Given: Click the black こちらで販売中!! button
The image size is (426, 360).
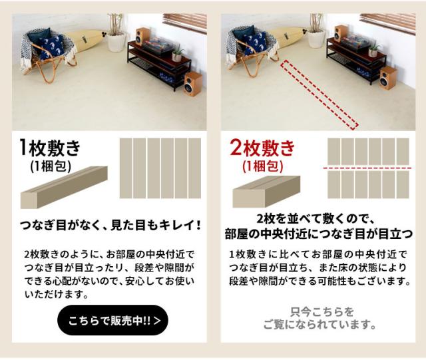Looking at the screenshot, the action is pos(112,320).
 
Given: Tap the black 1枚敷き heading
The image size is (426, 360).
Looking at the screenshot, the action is pos(50,148).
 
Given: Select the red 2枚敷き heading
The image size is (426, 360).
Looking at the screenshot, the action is pos(262,148).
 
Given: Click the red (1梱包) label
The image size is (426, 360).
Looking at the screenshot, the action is pos(263,166).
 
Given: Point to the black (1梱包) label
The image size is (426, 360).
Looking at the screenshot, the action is pos(51,166).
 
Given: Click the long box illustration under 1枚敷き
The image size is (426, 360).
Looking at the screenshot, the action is pos(64,187).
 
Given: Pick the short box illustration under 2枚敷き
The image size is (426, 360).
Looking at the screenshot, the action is pos(266,192).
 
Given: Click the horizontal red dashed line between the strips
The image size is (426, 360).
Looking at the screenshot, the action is pos(367,168).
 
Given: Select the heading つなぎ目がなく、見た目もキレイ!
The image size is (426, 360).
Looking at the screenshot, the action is pos(111,225).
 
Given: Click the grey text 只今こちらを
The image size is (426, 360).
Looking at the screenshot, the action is pos(322,311).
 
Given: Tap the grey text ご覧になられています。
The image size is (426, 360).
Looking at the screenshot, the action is pos(319,325).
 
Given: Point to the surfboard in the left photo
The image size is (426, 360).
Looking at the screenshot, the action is pos(85,41).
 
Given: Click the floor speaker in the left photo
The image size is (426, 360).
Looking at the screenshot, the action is pos(192,84).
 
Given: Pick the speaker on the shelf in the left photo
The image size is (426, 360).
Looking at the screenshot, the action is pos(142,37).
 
